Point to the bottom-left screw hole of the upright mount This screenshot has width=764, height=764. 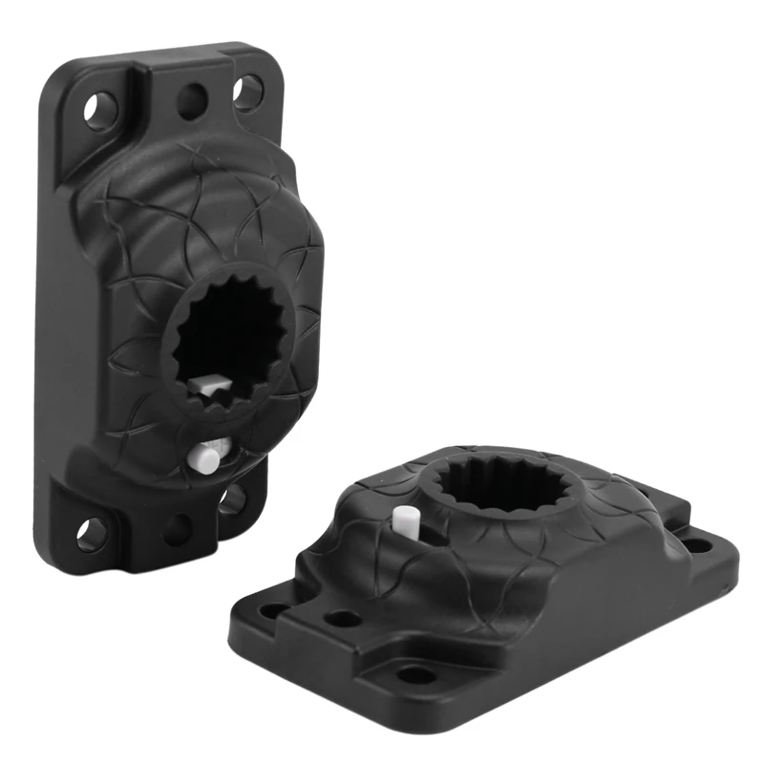tap(93, 532)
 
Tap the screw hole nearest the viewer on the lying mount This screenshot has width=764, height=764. tap(416, 674)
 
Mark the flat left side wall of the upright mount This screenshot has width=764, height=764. tap(57, 315)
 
